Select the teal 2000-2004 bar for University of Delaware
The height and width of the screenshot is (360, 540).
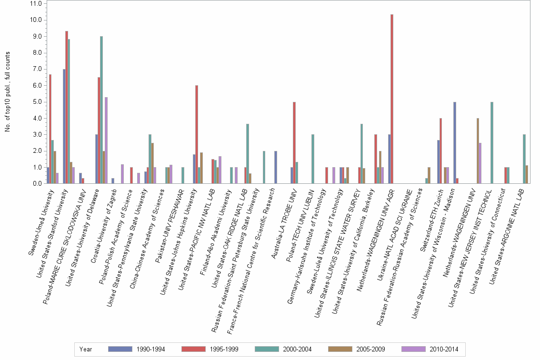pos(101,110)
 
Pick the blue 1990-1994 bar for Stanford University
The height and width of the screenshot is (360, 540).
pos(64,126)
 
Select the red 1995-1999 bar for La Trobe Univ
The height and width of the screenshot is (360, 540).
pos(294,143)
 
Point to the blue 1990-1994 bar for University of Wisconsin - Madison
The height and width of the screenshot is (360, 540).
pos(455,143)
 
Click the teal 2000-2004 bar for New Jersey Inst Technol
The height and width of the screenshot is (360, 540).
pos(491,143)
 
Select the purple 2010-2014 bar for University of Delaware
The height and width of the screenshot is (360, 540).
pos(106,140)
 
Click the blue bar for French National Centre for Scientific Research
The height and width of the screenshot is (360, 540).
pos(275,167)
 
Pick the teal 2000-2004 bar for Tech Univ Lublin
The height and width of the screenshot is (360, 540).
pos(312,159)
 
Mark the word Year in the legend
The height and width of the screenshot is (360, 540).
pos(86,349)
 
